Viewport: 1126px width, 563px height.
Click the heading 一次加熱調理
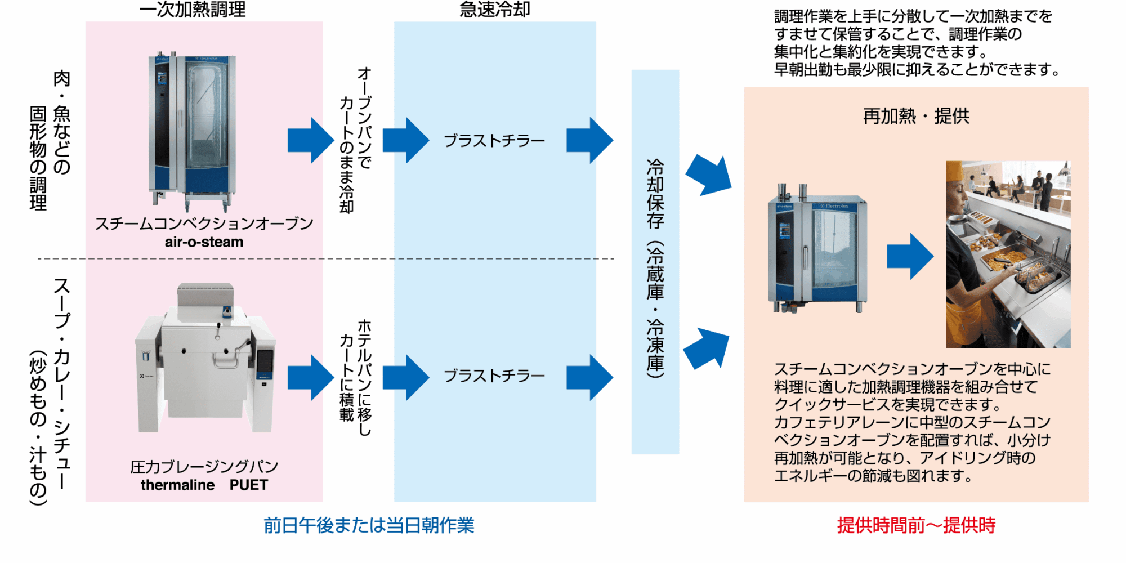[x=192, y=10]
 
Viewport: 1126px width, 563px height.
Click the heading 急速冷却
[x=494, y=10]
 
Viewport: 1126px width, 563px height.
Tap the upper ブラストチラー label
[x=494, y=141]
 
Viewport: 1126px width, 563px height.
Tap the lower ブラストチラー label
[x=494, y=376]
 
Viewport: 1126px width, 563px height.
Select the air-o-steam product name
[x=204, y=242]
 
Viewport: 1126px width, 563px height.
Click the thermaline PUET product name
[x=204, y=485]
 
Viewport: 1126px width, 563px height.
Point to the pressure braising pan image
[x=205, y=360]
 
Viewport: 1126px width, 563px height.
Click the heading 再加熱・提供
[x=916, y=116]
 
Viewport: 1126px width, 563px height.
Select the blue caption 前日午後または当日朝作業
[x=369, y=525]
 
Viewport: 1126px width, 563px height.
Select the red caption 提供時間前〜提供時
[x=916, y=525]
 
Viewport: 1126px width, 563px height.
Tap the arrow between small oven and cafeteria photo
[x=909, y=257]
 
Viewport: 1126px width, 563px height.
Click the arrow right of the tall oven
[x=310, y=141]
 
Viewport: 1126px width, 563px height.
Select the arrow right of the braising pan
[x=310, y=378]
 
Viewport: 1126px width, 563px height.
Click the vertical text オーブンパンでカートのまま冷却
[x=355, y=141]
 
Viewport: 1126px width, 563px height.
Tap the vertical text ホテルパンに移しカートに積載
[x=355, y=377]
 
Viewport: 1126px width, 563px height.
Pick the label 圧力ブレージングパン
[x=204, y=467]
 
